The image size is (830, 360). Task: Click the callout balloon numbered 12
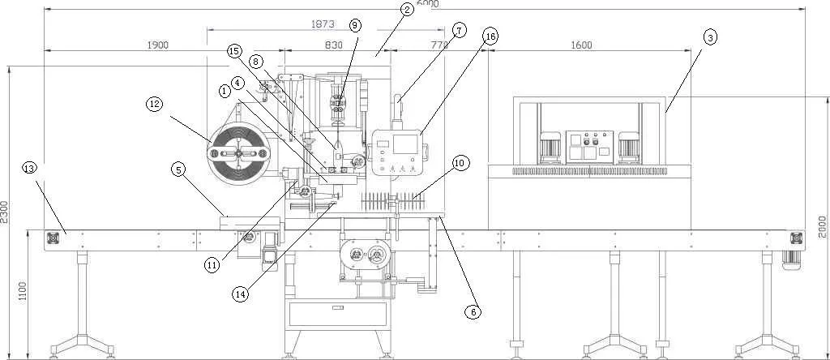tap(154, 104)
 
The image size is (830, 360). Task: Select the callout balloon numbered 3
tap(710, 37)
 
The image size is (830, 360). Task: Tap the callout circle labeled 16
tap(490, 36)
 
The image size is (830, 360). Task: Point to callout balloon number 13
tap(30, 168)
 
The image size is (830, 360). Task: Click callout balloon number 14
tap(240, 295)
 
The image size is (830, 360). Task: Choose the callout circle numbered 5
tap(179, 169)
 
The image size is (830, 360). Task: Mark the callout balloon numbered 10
tap(460, 164)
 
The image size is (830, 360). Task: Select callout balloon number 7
tap(459, 31)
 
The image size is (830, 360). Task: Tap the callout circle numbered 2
tap(407, 10)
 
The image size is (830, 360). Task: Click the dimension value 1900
tap(157, 45)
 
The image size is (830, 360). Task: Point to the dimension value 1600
tap(580, 45)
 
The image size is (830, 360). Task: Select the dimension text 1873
tap(323, 25)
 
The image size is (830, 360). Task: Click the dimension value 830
tap(334, 45)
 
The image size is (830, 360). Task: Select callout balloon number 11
tap(212, 265)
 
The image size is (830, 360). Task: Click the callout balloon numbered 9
tap(355, 25)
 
